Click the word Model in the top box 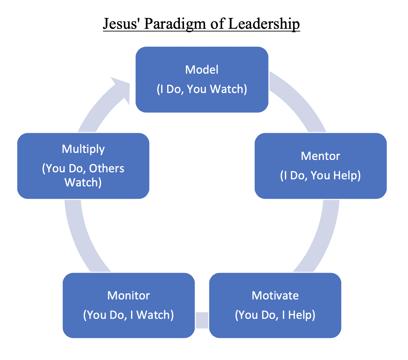click(x=202, y=70)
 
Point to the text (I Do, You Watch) click(x=202, y=89)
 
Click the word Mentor click(x=320, y=156)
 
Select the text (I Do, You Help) click(x=320, y=175)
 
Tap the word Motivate click(x=275, y=295)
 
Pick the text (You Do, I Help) click(x=275, y=315)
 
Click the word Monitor click(x=128, y=295)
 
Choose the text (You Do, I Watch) click(x=128, y=315)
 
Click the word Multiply click(x=83, y=149)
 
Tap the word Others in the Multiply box click(x=107, y=168)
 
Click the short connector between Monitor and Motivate click(x=202, y=320)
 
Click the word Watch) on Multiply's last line click(x=83, y=182)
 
